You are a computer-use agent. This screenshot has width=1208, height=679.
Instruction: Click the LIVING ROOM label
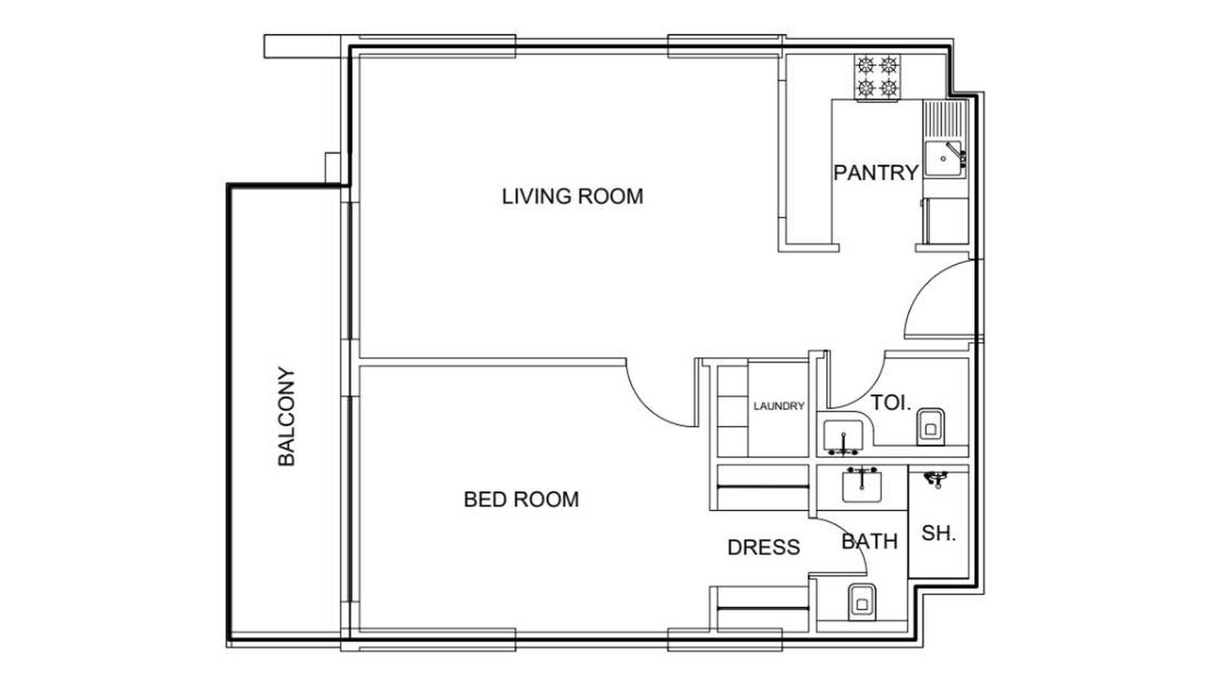point(573,196)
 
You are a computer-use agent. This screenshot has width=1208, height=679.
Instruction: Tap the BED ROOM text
point(522,499)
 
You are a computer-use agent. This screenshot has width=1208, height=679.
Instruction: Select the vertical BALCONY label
point(286,416)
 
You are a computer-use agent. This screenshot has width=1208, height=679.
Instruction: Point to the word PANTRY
point(876,172)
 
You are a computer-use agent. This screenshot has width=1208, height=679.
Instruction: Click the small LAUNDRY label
point(779,406)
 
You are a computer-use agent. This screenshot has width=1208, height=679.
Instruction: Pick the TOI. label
point(890,403)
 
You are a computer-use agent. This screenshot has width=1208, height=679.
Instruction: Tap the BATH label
point(870,541)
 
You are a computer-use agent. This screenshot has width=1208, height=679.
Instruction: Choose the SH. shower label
point(938,533)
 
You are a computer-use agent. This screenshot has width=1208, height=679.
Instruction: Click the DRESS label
point(764,547)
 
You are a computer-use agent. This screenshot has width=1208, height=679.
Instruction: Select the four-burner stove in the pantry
point(877,77)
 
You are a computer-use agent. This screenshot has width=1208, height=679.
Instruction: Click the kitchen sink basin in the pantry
point(943,160)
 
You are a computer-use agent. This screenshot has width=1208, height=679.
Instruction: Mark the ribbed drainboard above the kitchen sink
point(944,121)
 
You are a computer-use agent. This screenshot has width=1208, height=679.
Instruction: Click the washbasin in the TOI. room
point(843,436)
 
